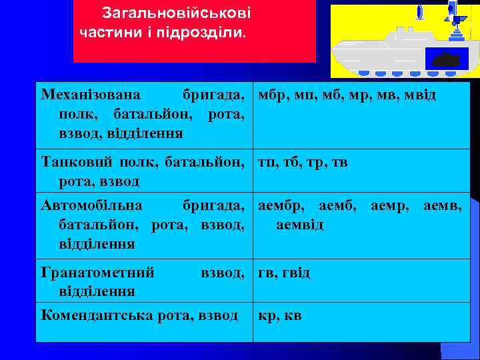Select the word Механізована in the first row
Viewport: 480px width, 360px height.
pyautogui.click(x=84, y=95)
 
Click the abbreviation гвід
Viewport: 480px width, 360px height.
pyautogui.click(x=295, y=273)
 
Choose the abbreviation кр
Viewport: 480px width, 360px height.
pyautogui.click(x=266, y=315)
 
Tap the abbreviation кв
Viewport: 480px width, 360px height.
pyautogui.click(x=292, y=315)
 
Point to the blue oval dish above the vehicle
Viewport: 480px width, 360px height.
pyautogui.click(x=419, y=12)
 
